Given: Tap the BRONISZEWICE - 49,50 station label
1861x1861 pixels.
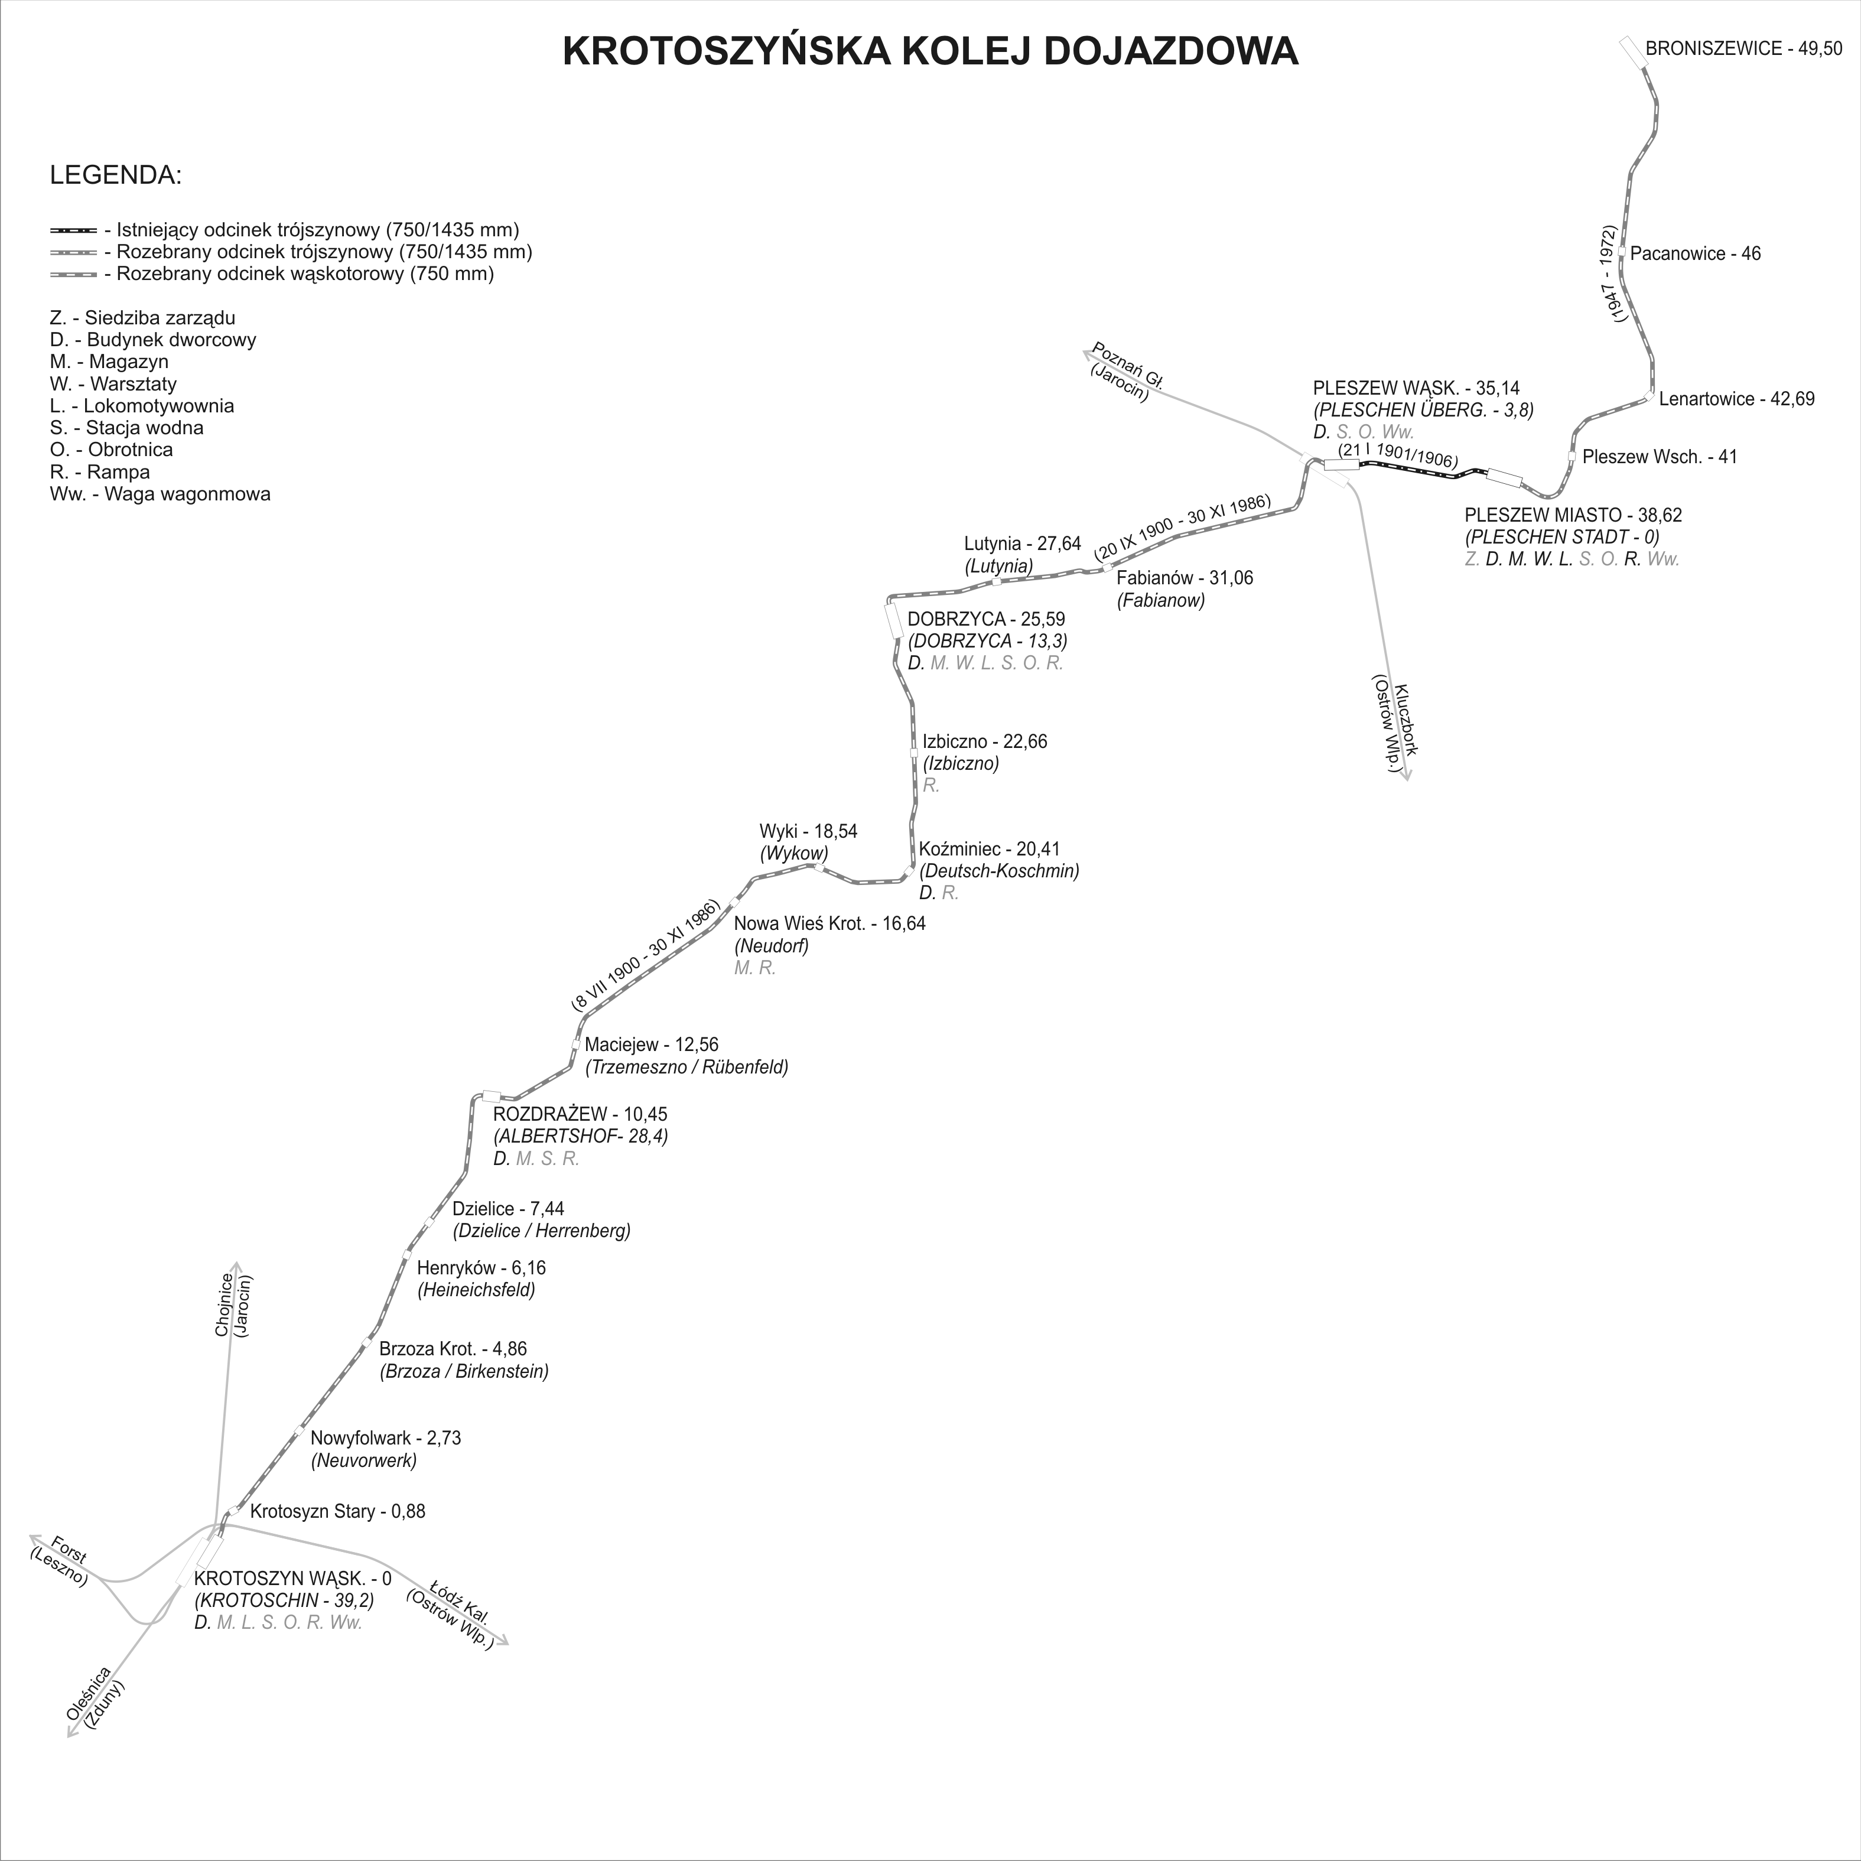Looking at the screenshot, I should [1742, 49].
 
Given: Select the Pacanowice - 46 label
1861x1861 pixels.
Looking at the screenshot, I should [1696, 254].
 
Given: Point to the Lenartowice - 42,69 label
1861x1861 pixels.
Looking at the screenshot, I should [1737, 399].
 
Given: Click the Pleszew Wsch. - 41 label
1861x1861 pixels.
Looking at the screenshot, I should [1660, 457].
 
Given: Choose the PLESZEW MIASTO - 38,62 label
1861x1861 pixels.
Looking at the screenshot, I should [1573, 515].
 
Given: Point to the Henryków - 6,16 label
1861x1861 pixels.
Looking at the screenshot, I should [481, 1268].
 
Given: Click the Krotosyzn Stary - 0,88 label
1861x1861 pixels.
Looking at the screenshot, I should [337, 1511].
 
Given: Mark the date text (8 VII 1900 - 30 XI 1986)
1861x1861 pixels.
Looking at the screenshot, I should [645, 955].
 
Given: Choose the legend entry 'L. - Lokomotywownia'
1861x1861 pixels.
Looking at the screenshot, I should [142, 405].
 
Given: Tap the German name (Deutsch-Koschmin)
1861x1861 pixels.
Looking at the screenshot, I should [999, 871].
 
